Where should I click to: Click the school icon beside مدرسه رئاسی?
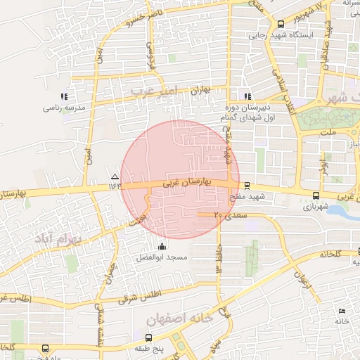64,96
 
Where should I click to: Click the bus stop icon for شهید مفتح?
246,186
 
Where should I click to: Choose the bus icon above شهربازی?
315,196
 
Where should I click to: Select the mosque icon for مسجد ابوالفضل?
163,246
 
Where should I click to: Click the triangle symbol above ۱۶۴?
115,175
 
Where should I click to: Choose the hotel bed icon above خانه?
342,311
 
